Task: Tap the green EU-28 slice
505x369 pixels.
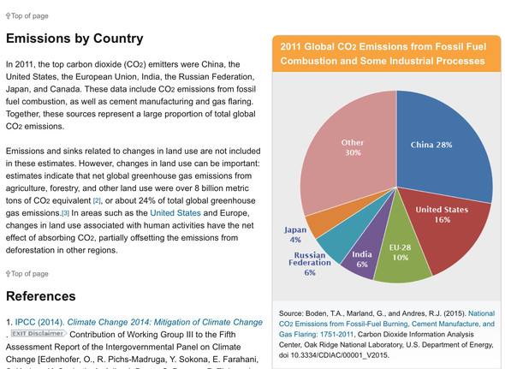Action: pyautogui.click(x=401, y=254)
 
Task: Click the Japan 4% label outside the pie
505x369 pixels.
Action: pyautogui.click(x=295, y=235)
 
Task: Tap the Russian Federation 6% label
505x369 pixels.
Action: pyautogui.click(x=310, y=264)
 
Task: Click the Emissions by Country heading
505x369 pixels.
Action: pyautogui.click(x=74, y=39)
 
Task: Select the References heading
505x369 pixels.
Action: pyautogui.click(x=40, y=296)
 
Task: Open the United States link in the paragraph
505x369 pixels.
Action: pyautogui.click(x=175, y=213)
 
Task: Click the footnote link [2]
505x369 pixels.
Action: pyautogui.click(x=97, y=201)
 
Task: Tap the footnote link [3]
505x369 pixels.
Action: pyautogui.click(x=65, y=213)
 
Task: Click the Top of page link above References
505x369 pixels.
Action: pyautogui.click(x=27, y=274)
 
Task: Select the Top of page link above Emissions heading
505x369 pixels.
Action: pyautogui.click(x=27, y=15)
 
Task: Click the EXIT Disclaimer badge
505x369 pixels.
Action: pyautogui.click(x=39, y=333)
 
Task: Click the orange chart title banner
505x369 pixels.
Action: pyautogui.click(x=387, y=53)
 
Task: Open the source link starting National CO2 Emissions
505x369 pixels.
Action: pyautogui.click(x=387, y=324)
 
